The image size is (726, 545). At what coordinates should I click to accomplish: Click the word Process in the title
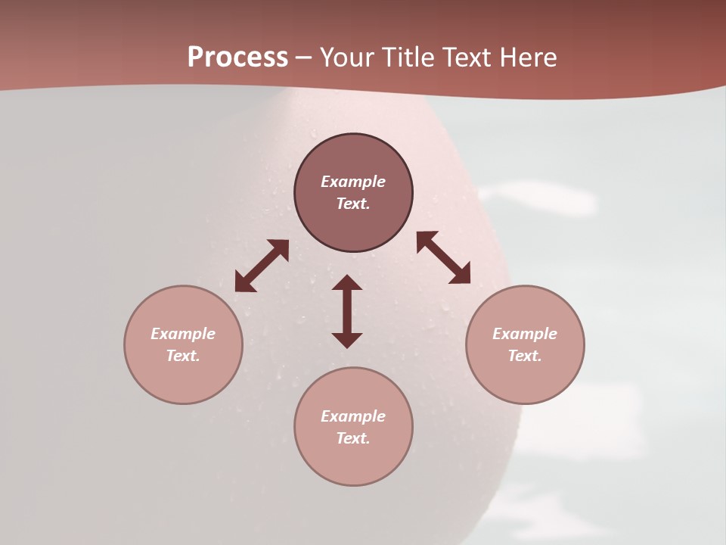237,58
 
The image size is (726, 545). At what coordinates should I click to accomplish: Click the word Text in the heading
467,58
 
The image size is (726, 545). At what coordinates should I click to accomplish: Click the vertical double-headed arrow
347,311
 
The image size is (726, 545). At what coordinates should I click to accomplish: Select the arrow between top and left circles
262,266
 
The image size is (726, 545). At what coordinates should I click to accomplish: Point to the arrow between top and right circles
443,257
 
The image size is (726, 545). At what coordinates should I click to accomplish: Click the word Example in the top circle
353,182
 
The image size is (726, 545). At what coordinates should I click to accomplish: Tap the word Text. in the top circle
353,204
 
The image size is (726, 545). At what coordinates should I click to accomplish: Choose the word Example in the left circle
183,334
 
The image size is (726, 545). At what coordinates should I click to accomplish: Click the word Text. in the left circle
183,356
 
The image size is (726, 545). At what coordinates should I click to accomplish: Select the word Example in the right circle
525,334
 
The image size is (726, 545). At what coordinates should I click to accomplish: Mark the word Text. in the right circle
525,356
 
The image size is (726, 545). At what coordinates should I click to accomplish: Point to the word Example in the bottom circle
353,416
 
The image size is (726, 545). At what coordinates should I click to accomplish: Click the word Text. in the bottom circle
353,438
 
